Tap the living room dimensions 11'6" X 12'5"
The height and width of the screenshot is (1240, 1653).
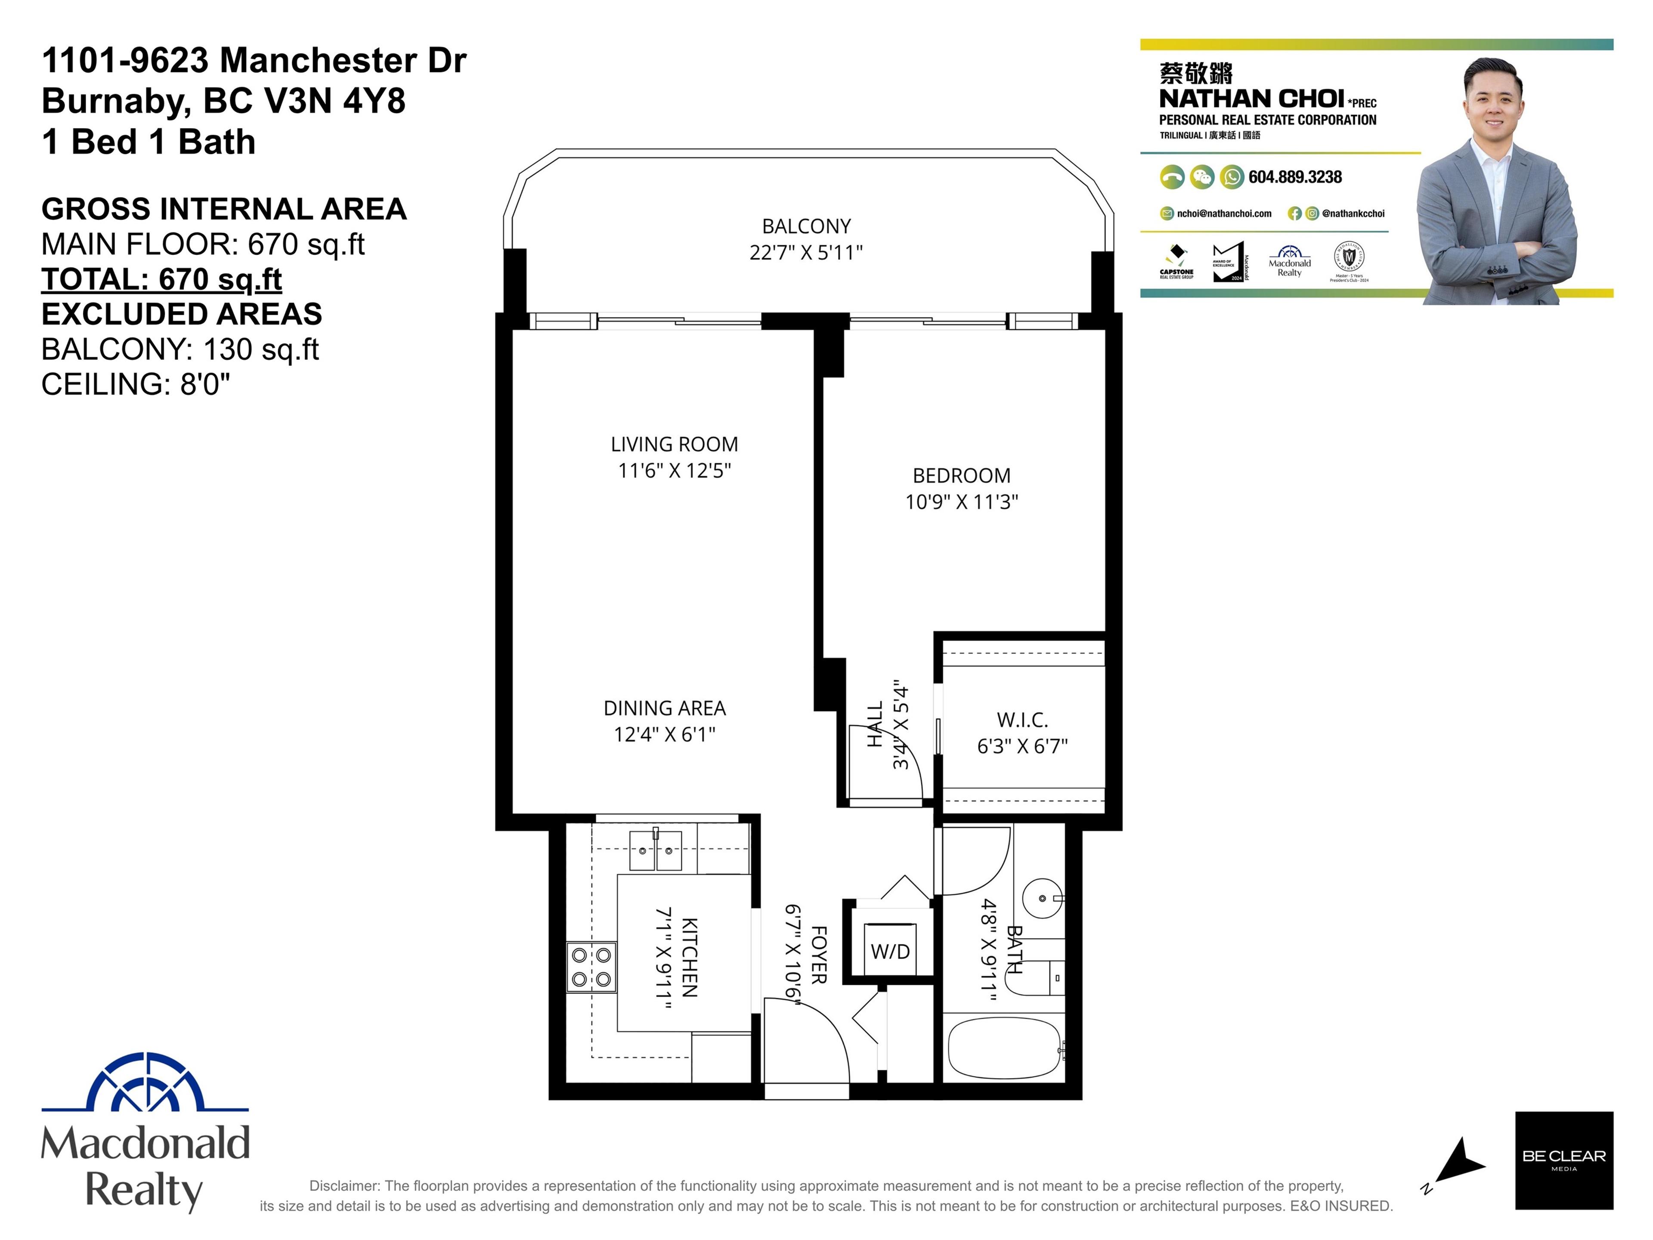674,470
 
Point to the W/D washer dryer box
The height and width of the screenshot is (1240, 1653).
890,951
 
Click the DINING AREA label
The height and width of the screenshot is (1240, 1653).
664,708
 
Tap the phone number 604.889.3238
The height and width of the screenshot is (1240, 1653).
1294,177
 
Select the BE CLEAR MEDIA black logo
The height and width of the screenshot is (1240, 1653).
1563,1171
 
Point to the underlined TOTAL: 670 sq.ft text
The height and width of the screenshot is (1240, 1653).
161,279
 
